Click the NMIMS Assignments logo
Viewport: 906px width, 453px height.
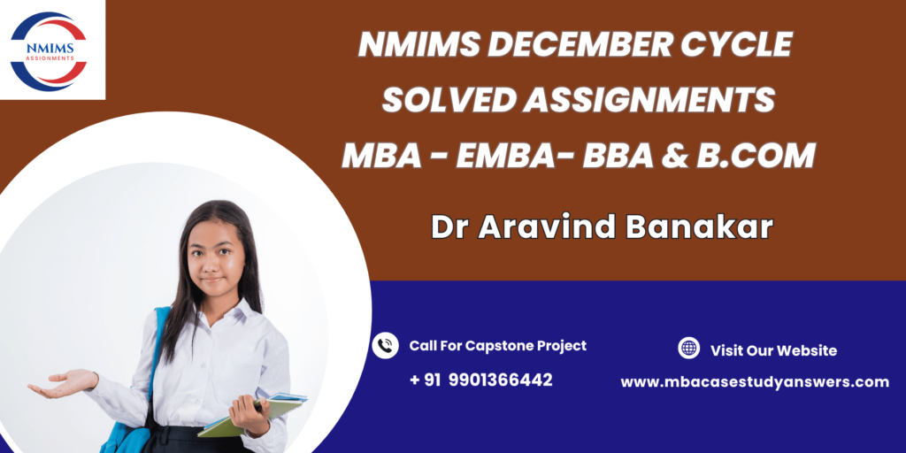(49, 51)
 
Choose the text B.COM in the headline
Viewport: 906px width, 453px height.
(756, 155)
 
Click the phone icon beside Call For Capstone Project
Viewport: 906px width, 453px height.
(385, 346)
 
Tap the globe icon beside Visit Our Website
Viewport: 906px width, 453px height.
(688, 349)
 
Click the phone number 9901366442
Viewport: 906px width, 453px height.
(500, 380)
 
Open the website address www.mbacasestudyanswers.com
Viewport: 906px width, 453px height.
(755, 382)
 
